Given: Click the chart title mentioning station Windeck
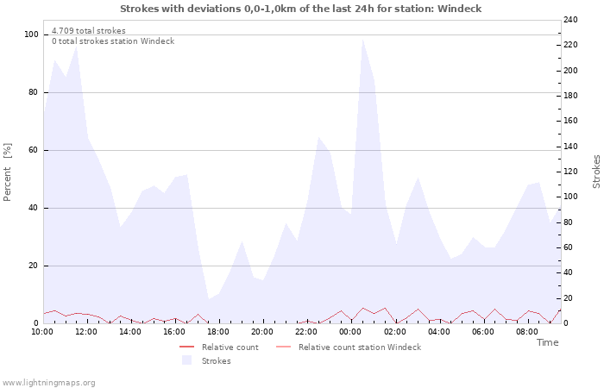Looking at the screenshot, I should (301, 9).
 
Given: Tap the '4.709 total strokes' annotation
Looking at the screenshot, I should (88, 31).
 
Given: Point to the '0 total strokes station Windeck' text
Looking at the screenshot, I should (112, 41).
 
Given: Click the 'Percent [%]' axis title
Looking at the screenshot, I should (8, 172).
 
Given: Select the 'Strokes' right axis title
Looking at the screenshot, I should (596, 172).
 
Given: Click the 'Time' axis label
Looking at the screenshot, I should (547, 342).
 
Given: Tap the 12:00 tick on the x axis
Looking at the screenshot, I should (87, 331).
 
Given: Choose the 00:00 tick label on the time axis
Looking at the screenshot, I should (350, 331).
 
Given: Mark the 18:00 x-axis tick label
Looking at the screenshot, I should (218, 331).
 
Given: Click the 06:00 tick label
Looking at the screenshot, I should (482, 331).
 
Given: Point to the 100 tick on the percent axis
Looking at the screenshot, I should (32, 34).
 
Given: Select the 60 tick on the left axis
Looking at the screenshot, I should (34, 150).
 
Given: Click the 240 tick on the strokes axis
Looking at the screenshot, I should (570, 20).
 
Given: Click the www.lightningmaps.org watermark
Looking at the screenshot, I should (48, 383).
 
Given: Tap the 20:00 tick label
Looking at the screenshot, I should (262, 331).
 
